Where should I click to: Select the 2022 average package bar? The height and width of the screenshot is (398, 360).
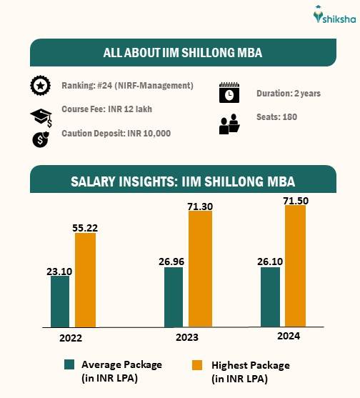click(x=60, y=301)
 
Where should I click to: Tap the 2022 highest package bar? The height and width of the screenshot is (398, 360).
click(x=85, y=279)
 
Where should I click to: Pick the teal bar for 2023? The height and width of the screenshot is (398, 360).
click(x=174, y=297)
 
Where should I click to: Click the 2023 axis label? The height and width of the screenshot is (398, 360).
click(x=186, y=337)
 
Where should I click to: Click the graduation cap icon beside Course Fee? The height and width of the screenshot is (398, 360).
click(x=40, y=116)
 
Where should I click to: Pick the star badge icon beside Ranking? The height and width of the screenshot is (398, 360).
click(x=40, y=86)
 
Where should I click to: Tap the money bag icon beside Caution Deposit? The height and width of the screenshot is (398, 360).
click(x=41, y=139)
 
